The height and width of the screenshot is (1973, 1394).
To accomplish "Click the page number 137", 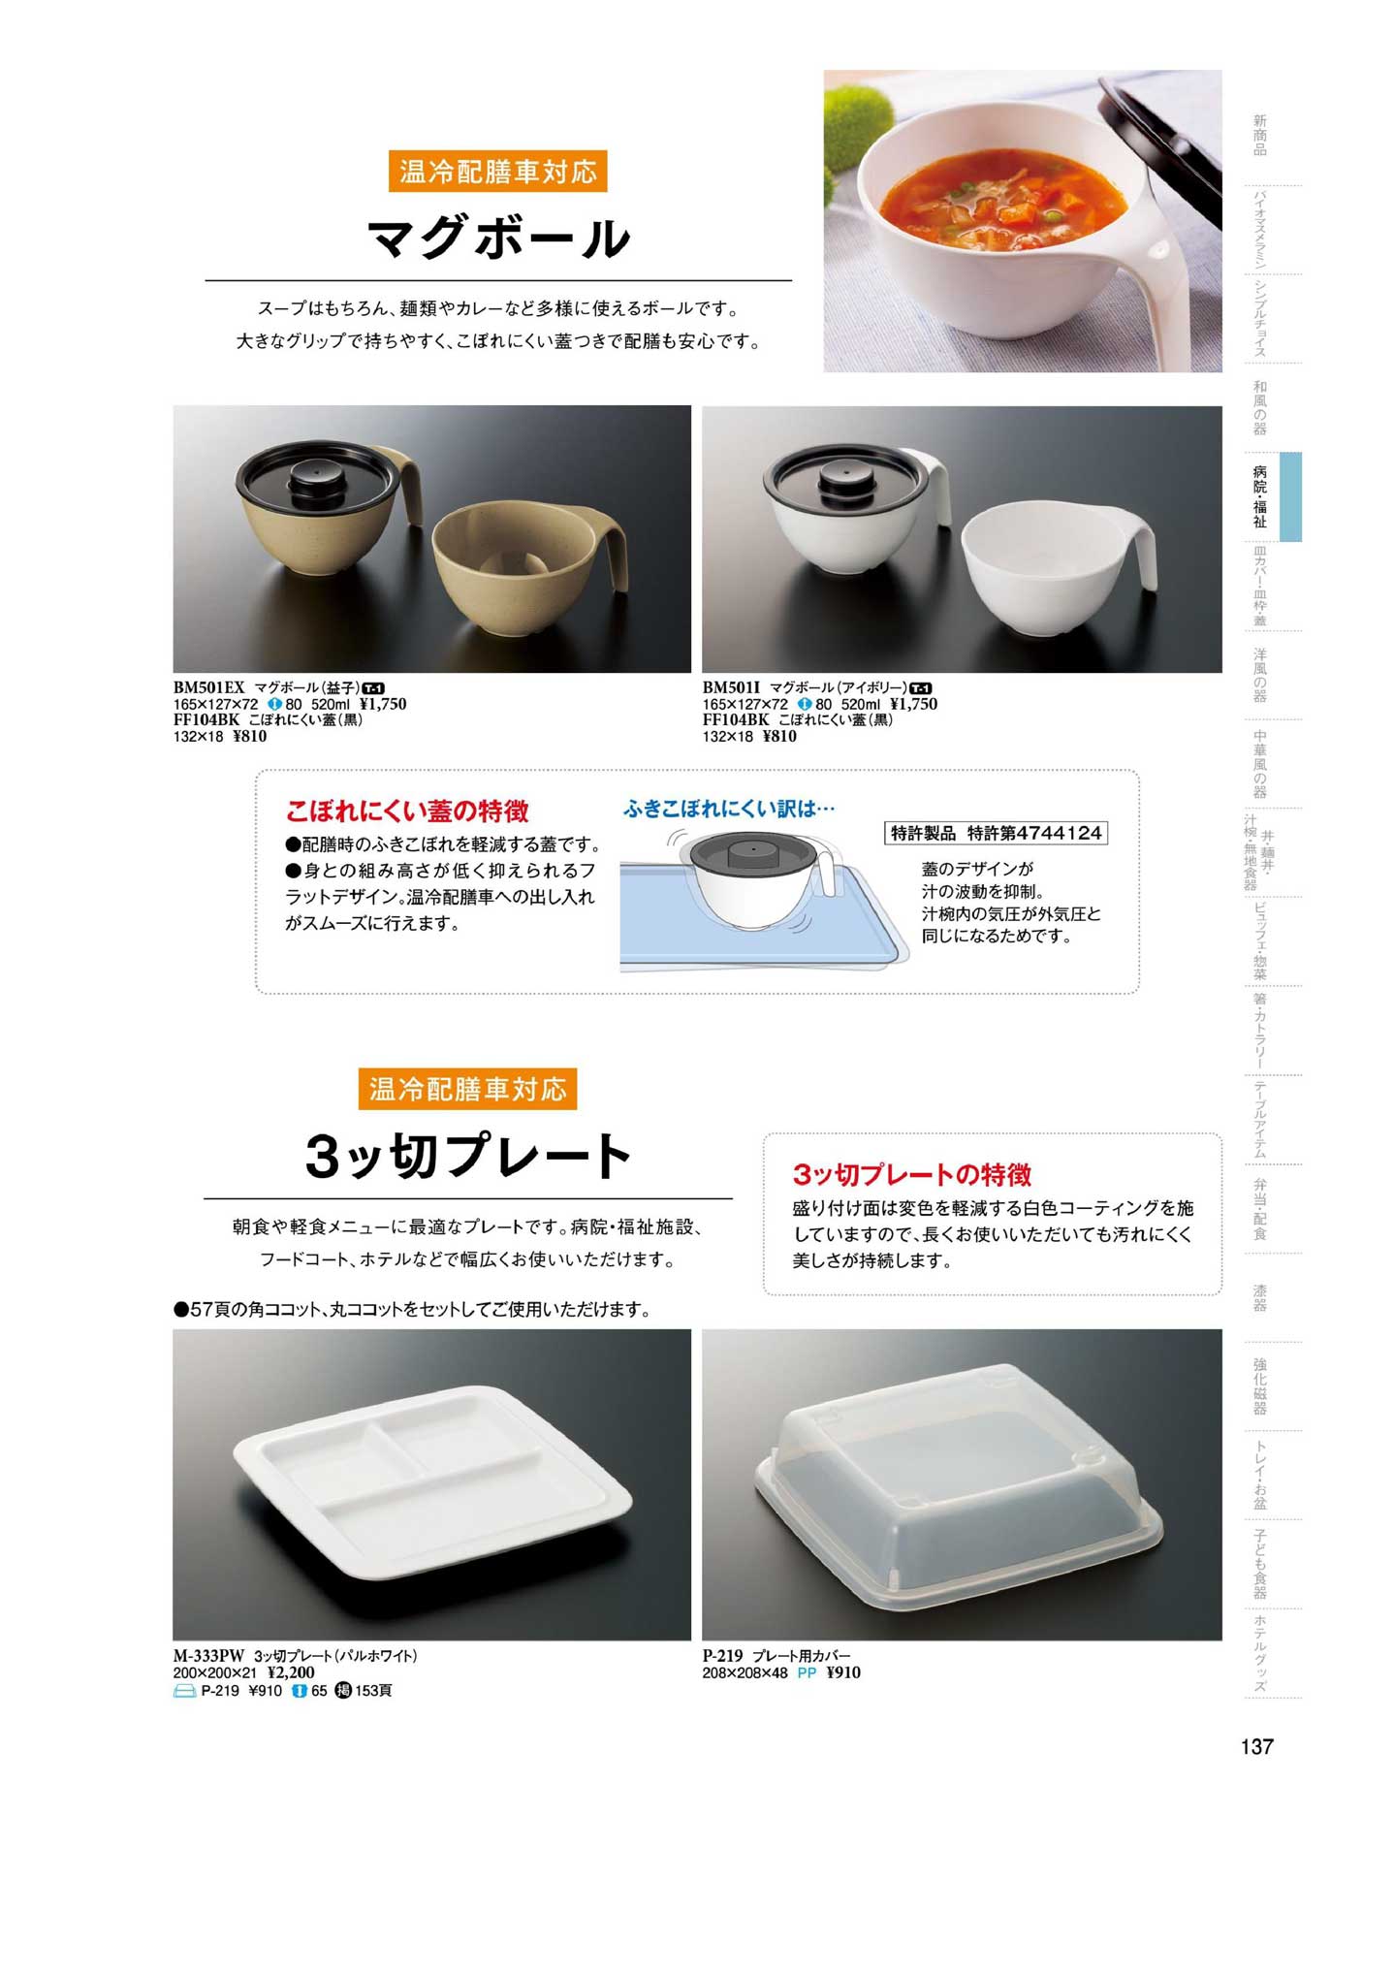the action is coord(1256,1746).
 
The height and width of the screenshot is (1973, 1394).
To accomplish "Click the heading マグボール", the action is coord(498,239).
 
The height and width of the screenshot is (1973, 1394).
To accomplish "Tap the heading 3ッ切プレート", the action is coord(468,1156).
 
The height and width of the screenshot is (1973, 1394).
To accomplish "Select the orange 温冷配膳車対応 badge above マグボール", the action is coord(497,173).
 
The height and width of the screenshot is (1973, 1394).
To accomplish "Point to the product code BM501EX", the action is coord(209,687).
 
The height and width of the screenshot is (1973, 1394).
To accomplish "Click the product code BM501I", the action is coord(732,687).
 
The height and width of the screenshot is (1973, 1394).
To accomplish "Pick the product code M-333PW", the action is coord(209,1655).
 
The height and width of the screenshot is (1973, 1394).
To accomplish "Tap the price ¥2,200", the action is coord(291,1671).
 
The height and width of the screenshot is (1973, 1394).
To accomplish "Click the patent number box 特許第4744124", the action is coord(997,833).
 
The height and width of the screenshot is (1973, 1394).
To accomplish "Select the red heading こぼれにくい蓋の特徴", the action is coord(407,811).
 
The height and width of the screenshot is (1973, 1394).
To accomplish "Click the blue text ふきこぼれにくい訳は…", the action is coord(729,809).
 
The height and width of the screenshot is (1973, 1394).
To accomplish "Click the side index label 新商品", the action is coord(1259,135).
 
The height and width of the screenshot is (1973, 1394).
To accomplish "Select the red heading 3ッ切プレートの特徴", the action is coord(912,1175).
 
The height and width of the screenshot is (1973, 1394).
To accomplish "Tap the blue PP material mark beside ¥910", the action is coord(807,1672).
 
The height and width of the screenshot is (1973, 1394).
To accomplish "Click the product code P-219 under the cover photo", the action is coord(722,1655).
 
